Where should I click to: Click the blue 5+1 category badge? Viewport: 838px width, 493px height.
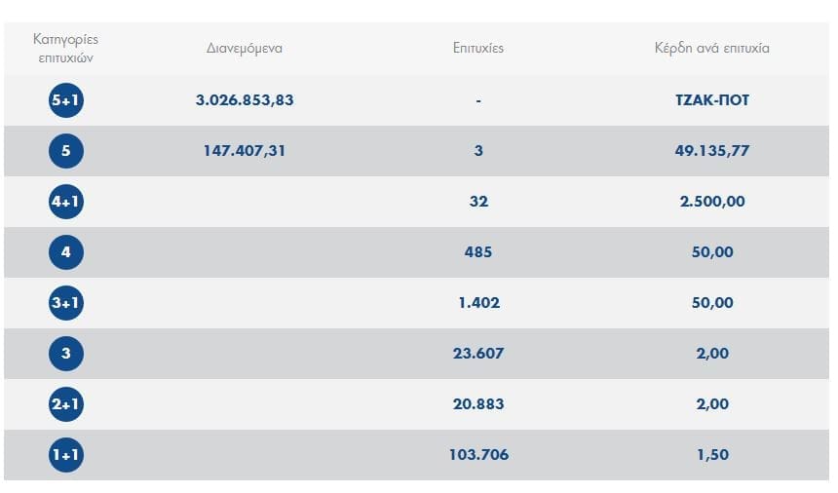click(x=66, y=100)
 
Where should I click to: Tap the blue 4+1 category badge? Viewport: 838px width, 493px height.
click(x=66, y=202)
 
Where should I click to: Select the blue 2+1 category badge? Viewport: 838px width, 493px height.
click(x=66, y=404)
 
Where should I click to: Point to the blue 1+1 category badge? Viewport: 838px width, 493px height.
click(x=66, y=455)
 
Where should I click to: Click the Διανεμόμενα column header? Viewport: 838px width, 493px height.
click(x=245, y=48)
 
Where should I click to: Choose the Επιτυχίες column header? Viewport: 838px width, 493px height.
click(x=478, y=48)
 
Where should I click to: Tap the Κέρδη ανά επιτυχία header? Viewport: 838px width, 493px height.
click(x=712, y=48)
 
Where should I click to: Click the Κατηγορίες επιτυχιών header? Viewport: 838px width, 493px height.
click(x=66, y=48)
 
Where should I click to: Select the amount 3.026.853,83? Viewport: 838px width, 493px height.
click(x=245, y=100)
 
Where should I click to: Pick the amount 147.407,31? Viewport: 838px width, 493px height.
click(x=245, y=151)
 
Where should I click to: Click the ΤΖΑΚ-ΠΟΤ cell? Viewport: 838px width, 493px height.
click(x=712, y=100)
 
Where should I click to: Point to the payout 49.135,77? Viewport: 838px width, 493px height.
click(x=712, y=151)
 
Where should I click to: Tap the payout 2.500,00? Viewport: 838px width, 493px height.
click(x=712, y=202)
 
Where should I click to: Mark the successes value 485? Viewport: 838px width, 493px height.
click(x=478, y=252)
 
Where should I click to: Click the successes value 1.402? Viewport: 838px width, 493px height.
click(x=478, y=303)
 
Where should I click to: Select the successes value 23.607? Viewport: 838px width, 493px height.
click(x=478, y=354)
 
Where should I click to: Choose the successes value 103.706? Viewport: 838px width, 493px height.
click(x=478, y=455)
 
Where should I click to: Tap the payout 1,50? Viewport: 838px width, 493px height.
click(x=712, y=455)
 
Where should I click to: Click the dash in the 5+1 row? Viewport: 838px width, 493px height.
click(x=478, y=100)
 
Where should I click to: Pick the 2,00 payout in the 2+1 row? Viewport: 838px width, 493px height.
click(x=712, y=404)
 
